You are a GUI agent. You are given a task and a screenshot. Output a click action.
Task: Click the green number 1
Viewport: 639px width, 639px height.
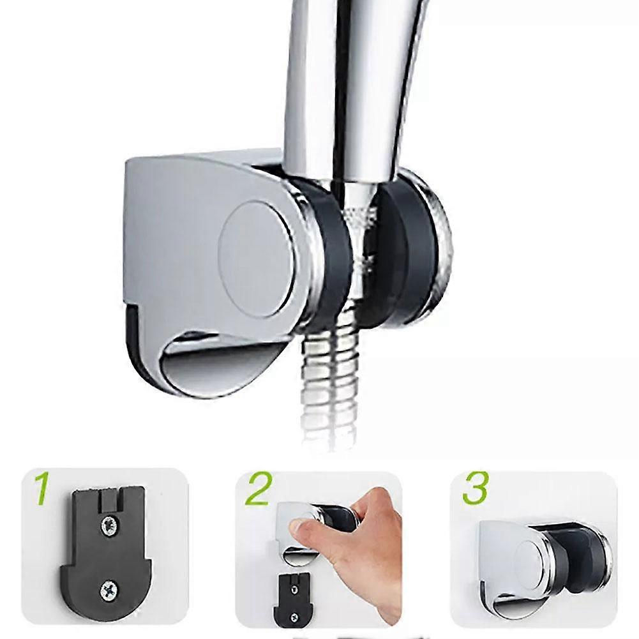coord(41,489)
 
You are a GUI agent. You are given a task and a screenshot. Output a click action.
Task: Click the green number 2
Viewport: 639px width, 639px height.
coord(259,489)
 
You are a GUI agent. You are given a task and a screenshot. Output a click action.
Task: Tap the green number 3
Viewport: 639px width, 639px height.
coord(475,489)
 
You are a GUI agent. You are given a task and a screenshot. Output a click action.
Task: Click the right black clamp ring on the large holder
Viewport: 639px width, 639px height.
coord(409,249)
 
